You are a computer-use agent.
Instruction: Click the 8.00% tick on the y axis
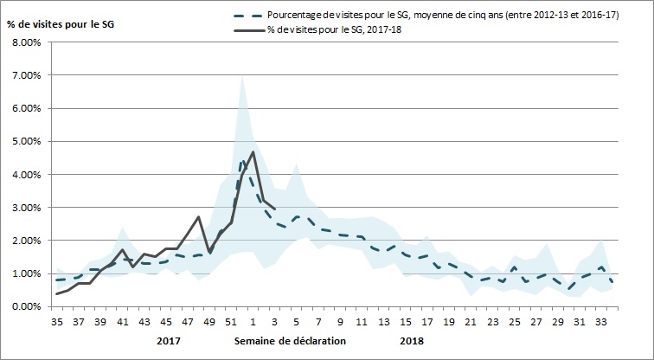tap(26, 42)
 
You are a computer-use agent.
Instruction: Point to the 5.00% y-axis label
tap(26, 141)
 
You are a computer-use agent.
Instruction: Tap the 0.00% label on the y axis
tap(26, 306)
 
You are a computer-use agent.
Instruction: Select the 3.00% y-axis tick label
tap(26, 208)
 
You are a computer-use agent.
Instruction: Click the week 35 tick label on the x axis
tap(58, 321)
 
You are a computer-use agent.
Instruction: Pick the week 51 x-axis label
tap(232, 321)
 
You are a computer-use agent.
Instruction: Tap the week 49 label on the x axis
tap(210, 321)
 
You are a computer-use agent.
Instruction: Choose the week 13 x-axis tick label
tap(383, 321)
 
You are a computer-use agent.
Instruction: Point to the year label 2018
tap(412, 340)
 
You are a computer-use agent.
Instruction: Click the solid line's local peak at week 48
tap(199, 216)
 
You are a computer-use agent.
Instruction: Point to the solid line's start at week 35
tap(57, 294)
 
